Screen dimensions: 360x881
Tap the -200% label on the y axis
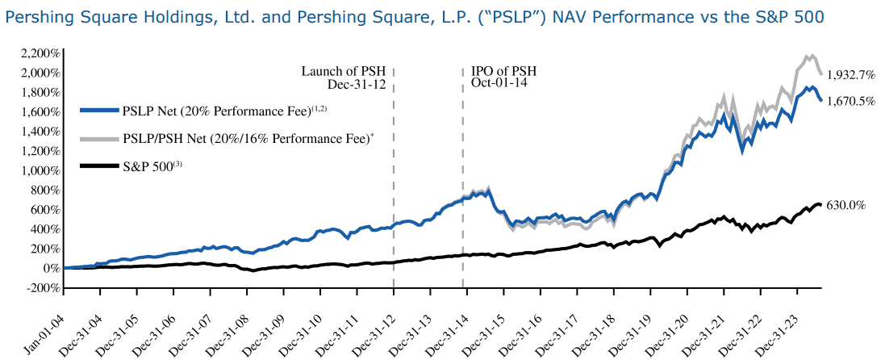click(41, 287)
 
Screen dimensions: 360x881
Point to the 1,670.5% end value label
click(850, 100)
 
